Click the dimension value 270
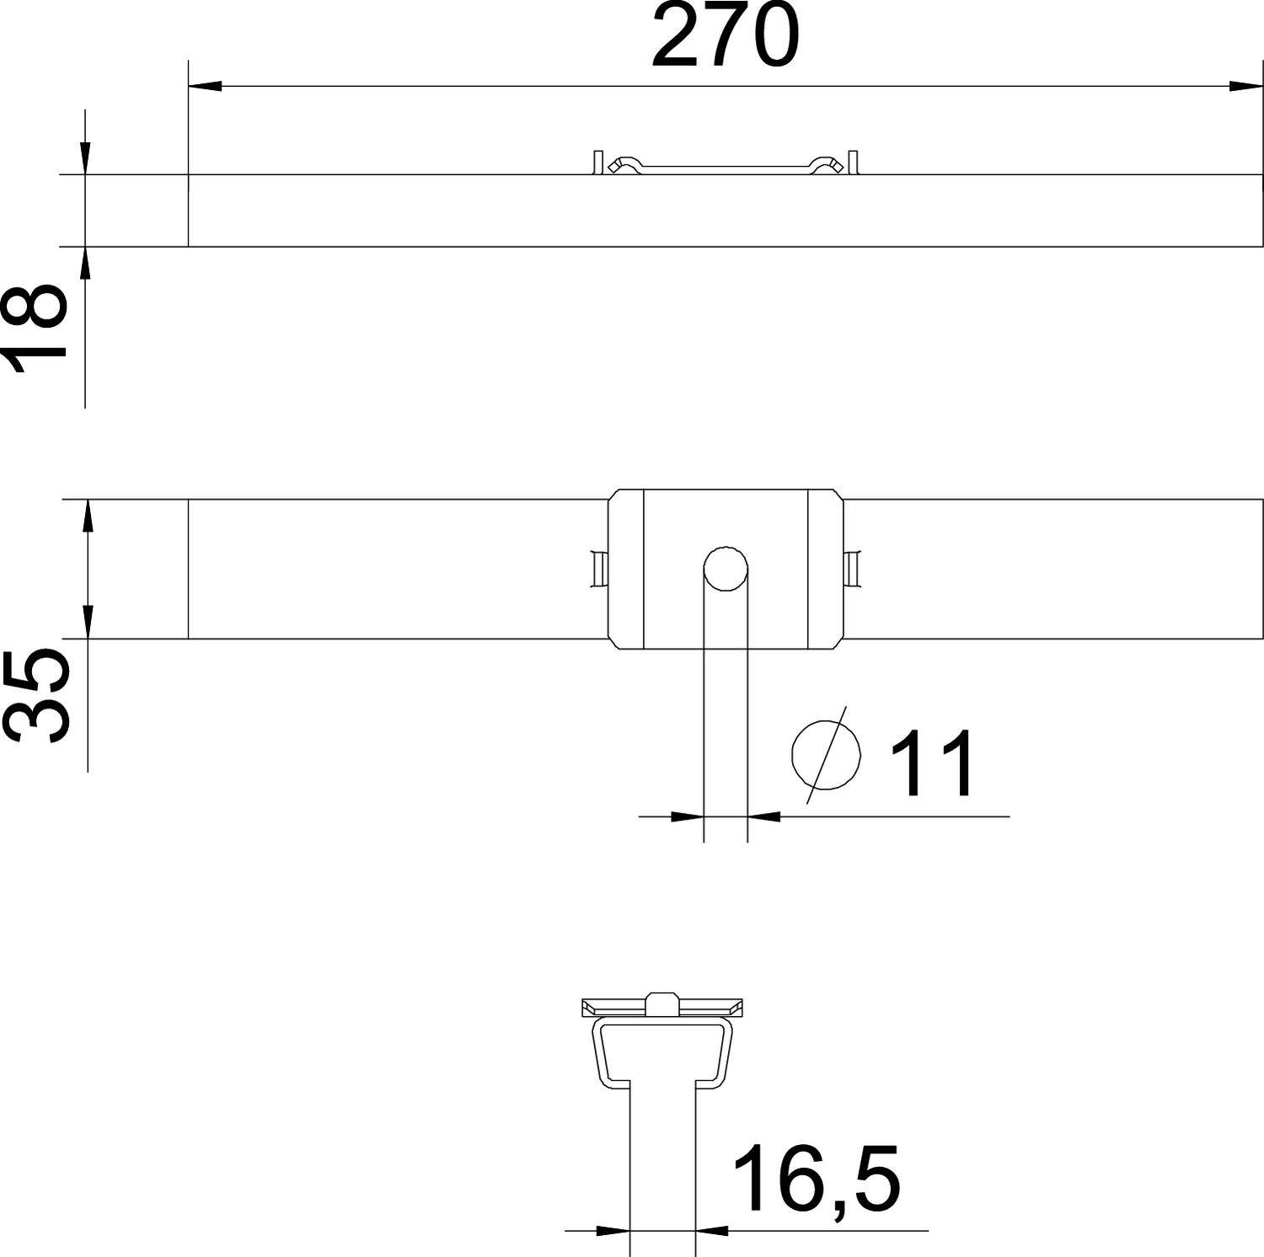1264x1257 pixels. coord(725,38)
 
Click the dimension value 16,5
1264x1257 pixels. coord(817,1179)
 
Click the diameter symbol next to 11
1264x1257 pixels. coord(827,755)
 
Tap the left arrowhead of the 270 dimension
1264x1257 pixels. coord(205,86)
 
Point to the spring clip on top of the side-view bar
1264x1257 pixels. coord(726,165)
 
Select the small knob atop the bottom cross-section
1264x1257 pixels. coord(662,1003)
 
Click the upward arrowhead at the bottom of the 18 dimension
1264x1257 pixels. coord(85,262)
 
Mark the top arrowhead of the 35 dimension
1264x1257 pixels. coord(88,516)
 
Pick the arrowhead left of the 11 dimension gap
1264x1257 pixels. coord(688,816)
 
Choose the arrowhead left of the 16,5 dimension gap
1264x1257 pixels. coord(613,1231)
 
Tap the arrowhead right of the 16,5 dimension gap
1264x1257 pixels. coord(712,1231)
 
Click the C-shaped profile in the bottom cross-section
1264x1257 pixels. coord(662,1049)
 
